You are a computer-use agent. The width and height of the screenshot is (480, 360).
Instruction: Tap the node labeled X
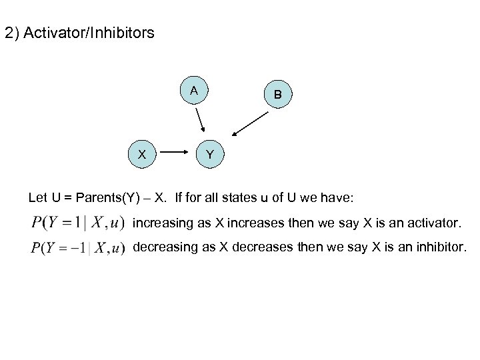click(x=142, y=153)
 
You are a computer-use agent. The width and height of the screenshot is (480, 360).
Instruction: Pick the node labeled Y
click(x=210, y=154)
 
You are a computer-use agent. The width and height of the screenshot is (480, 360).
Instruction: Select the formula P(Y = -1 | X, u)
click(x=77, y=248)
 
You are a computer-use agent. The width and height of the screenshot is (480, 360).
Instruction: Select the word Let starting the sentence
click(x=38, y=197)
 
